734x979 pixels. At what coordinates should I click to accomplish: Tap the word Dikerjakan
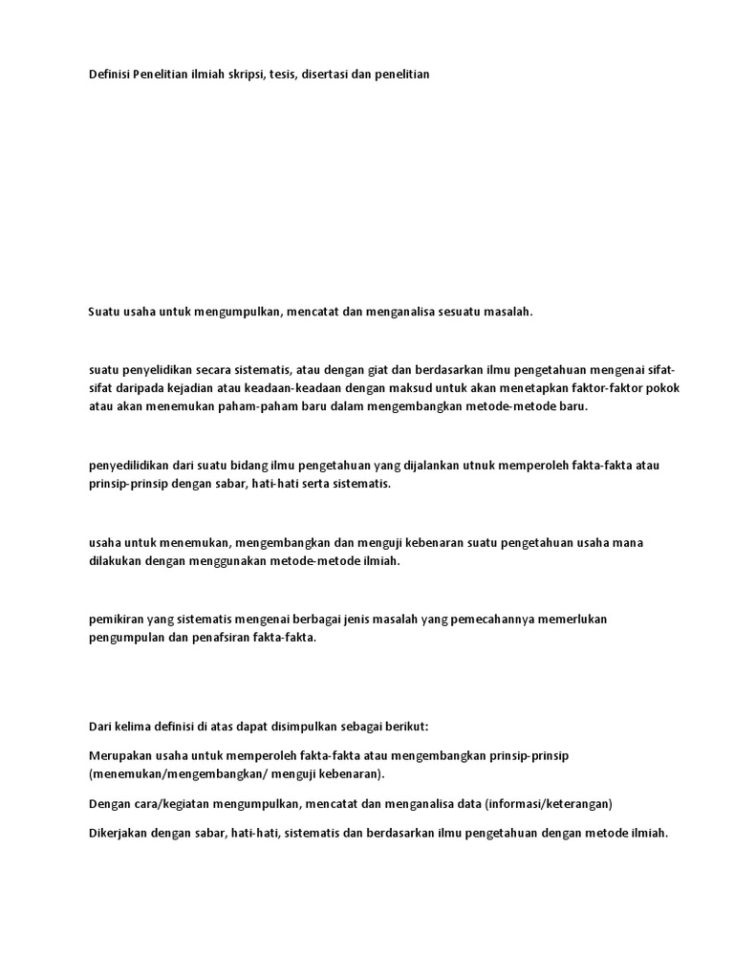tap(121, 833)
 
